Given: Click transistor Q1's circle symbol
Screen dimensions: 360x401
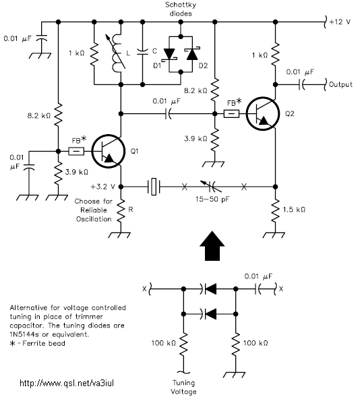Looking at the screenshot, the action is (92, 151).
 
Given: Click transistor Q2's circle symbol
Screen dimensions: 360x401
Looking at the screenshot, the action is (246, 113).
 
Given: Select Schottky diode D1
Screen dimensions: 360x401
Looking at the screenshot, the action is (169, 55).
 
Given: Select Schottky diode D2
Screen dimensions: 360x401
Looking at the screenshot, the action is (192, 54).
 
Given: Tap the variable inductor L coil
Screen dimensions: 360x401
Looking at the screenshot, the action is (117, 53).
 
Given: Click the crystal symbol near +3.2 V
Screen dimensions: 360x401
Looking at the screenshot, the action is (154, 187).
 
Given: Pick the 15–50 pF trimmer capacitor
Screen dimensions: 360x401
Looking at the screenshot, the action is (212, 187).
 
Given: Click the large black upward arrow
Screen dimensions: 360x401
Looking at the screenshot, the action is (212, 246).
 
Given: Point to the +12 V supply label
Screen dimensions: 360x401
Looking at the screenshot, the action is (340, 22).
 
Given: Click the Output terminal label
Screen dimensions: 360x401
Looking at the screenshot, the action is (340, 84).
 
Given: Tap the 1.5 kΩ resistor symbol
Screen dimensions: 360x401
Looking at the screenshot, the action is (275, 210).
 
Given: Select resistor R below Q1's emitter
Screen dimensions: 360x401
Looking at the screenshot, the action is (121, 210).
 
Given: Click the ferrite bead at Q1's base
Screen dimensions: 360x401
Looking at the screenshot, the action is (76, 151).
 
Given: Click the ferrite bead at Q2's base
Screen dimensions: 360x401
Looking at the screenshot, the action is (231, 113).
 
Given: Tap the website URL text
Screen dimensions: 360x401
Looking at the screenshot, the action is (67, 383).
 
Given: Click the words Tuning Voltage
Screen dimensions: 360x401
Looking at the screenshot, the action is (183, 388).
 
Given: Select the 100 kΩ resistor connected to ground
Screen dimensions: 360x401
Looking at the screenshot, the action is (236, 344).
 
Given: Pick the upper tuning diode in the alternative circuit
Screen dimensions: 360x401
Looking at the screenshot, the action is (209, 289).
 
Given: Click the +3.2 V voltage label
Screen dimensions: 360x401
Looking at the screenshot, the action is (102, 187).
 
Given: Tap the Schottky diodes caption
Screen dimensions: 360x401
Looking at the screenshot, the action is (181, 9).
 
